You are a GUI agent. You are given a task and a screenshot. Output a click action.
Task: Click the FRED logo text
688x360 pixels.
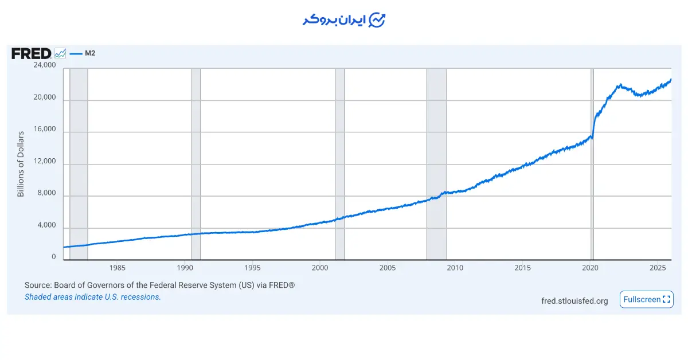pos(31,54)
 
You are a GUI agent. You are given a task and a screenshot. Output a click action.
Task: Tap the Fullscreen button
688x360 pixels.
pos(646,299)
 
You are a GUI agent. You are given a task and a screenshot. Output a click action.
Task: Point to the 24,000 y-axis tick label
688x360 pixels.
pos(44,65)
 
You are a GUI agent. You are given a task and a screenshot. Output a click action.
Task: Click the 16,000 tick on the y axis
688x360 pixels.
pos(44,130)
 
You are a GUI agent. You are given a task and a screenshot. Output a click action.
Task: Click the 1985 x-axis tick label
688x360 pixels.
pos(117,268)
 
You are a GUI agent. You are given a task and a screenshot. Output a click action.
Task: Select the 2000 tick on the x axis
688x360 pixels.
pos(320,268)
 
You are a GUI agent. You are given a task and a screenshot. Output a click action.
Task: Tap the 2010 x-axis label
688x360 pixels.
pos(455,268)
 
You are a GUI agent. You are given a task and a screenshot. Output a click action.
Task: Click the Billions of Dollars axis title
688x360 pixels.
pos(21,164)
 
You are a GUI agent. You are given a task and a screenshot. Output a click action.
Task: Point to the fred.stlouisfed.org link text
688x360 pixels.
pos(574,301)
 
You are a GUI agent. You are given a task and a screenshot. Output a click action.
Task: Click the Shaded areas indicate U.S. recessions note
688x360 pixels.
pos(92,297)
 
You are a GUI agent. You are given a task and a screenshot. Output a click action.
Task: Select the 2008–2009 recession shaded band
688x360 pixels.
pos(436,164)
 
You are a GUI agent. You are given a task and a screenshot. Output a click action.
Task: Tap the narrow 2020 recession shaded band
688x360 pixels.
pos(592,164)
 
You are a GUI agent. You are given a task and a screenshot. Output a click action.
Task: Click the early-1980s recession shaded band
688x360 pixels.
pos(79,164)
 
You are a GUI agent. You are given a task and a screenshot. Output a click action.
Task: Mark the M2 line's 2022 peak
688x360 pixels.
pos(619,85)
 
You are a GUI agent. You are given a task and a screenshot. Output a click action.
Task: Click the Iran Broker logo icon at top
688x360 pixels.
pos(377,20)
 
